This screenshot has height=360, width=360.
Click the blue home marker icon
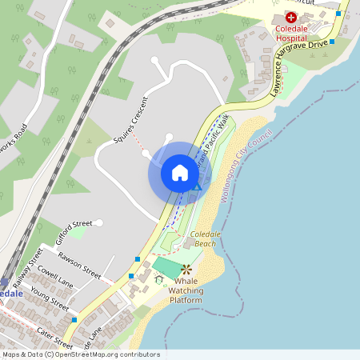click(180, 173)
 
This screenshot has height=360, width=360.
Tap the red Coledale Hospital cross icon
click(290, 17)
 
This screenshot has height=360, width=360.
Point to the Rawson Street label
click(80, 264)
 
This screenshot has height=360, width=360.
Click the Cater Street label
click(54, 338)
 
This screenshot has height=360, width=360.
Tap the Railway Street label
click(26, 266)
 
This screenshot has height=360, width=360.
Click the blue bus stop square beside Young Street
click(74, 320)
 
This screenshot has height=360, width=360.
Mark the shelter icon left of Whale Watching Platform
click(159, 279)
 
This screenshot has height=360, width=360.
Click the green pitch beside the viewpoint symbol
click(166, 266)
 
